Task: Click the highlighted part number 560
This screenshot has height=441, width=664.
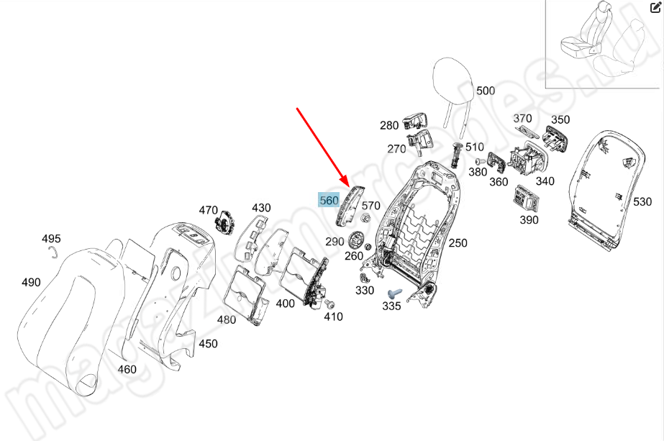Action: pos(329,200)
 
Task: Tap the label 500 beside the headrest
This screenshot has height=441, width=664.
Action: pos(486,91)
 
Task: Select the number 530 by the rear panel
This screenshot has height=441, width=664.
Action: pos(642,204)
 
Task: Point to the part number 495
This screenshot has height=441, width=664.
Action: pos(51,238)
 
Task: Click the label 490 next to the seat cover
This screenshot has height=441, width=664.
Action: pos(31,282)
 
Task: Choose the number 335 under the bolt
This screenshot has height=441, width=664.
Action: pos(391,306)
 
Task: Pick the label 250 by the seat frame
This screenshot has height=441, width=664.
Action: pos(458,243)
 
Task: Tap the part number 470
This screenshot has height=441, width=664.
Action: pos(208,210)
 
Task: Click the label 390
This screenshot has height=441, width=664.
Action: pos(528,219)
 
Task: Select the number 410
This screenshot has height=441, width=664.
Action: pos(333,317)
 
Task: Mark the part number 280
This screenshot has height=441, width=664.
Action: pos(389,125)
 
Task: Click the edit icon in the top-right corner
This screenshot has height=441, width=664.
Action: pos(655,7)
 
